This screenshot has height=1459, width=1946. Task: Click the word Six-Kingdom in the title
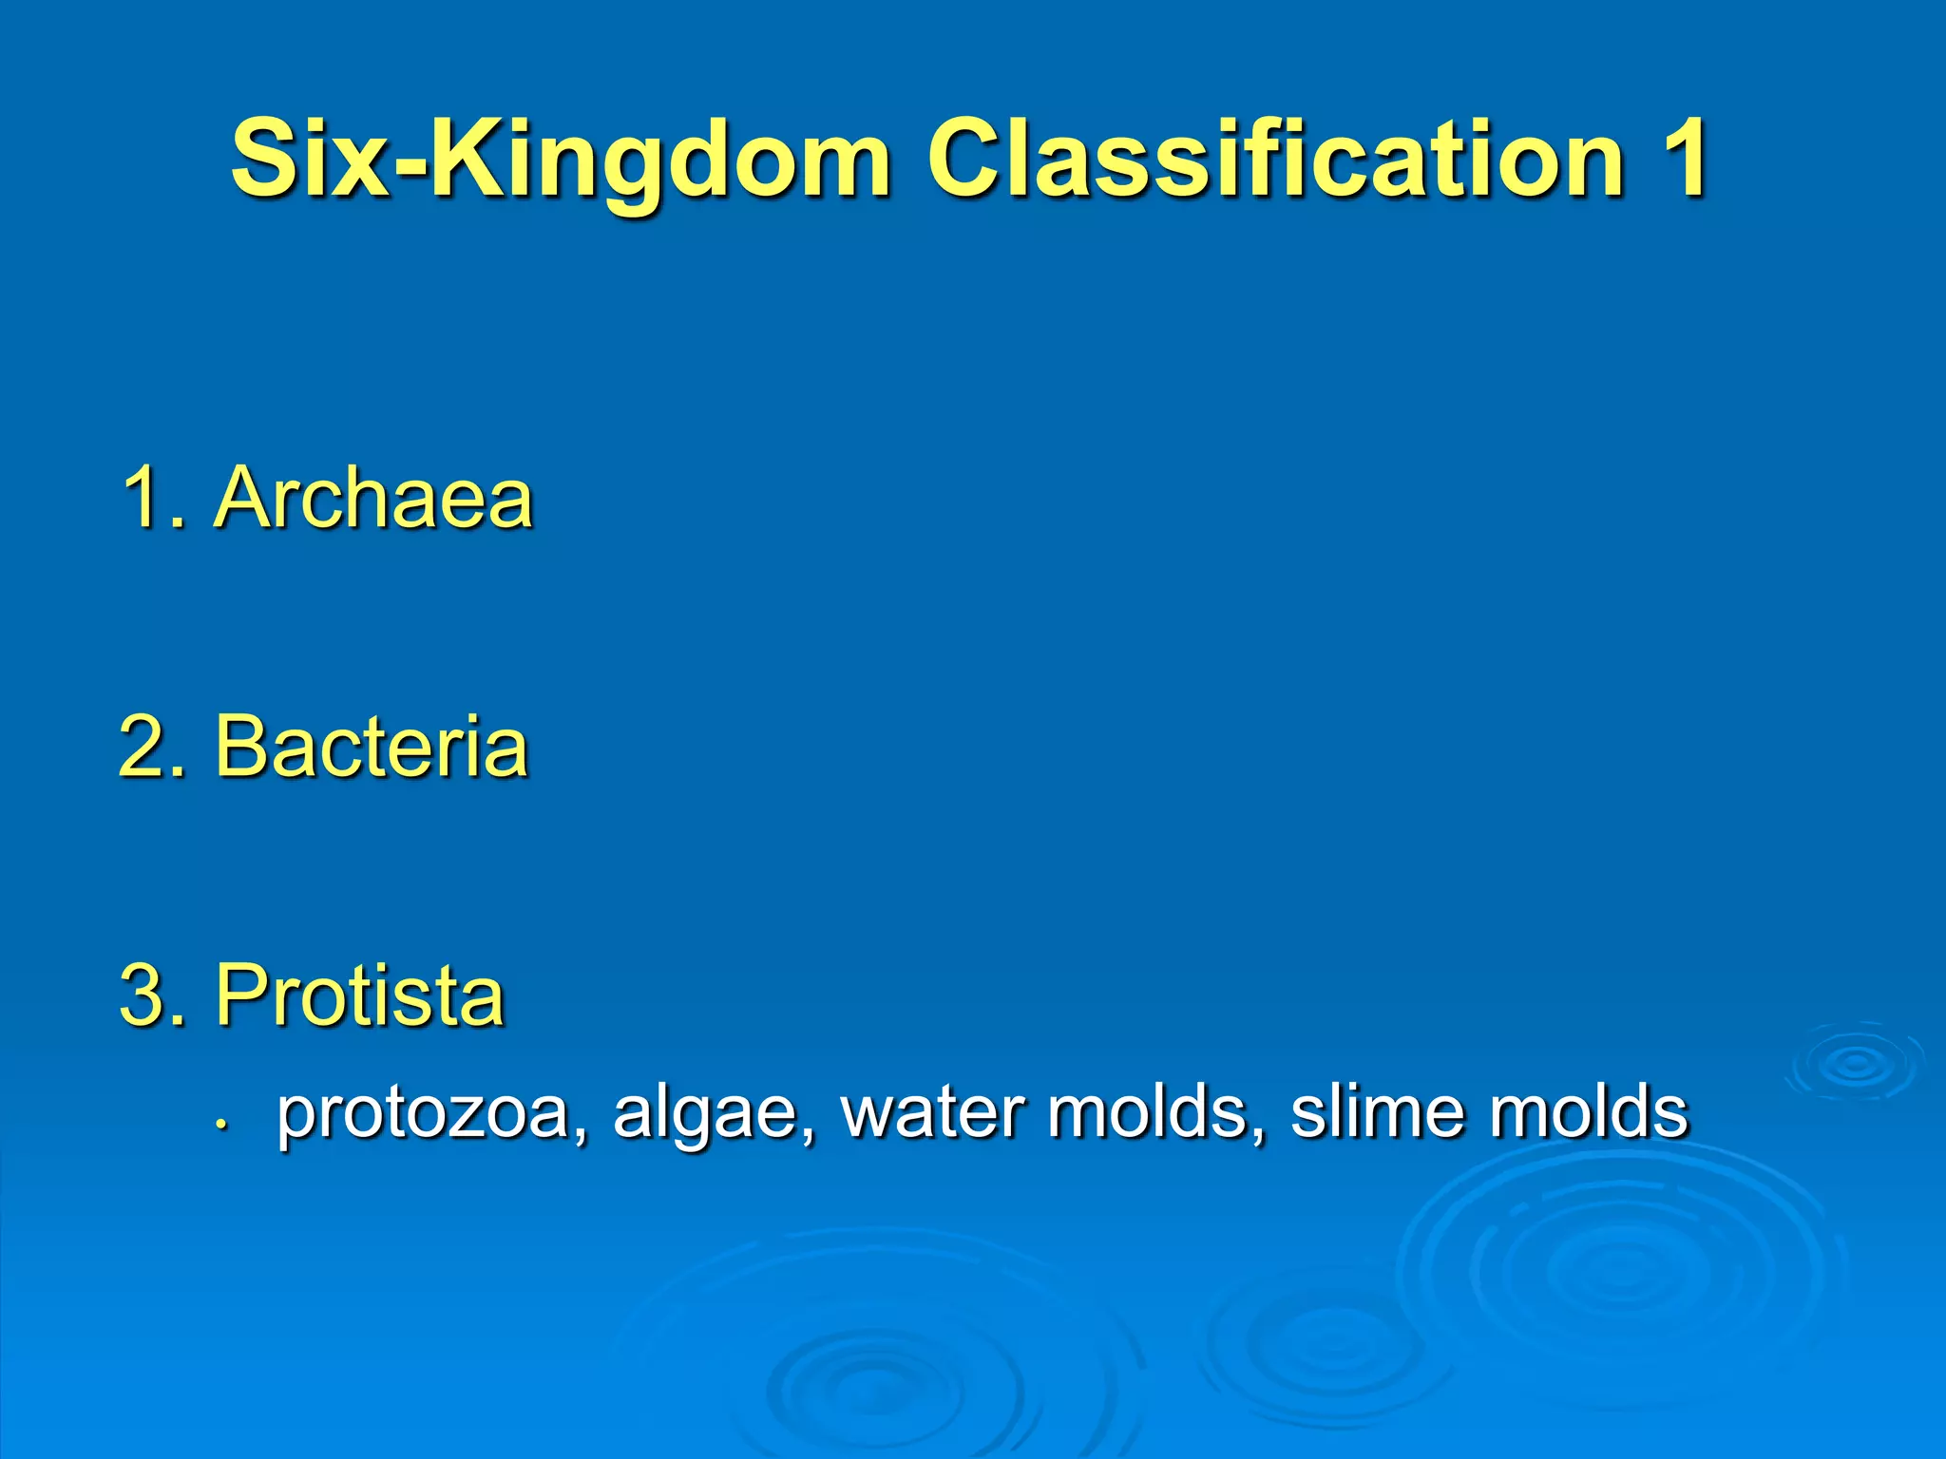561,160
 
